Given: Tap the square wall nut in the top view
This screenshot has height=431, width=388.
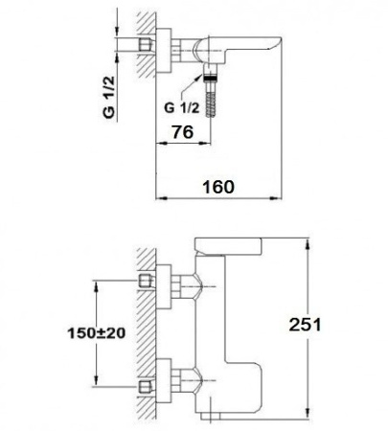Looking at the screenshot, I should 148,47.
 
